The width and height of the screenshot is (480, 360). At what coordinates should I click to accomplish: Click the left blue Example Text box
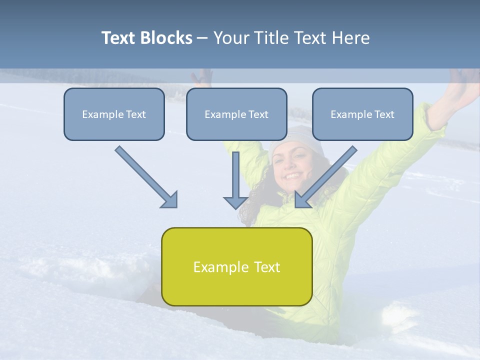click(114, 114)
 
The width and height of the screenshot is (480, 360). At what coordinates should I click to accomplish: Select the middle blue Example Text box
click(236, 114)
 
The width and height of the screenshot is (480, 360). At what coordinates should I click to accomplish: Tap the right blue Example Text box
click(362, 114)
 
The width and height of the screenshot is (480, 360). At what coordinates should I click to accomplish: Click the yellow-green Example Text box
click(236, 266)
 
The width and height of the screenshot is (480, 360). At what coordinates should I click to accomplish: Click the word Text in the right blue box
click(384, 114)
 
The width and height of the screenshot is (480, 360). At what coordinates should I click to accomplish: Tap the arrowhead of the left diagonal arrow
click(170, 199)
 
